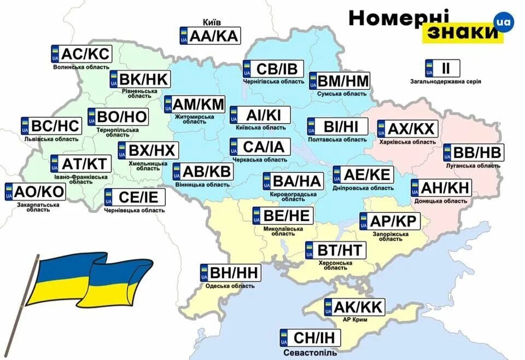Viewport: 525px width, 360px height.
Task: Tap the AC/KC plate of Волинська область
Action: pyautogui.click(x=81, y=54)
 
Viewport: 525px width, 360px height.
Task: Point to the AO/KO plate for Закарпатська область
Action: pyautogui.click(x=34, y=191)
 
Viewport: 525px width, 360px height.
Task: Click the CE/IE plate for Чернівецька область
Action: pyautogui.click(x=135, y=198)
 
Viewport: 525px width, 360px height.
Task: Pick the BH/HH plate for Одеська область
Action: pyautogui.click(x=230, y=272)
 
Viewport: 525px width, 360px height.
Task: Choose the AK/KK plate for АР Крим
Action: pyautogui.click(x=354, y=306)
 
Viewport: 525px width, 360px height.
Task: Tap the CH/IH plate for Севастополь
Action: pyautogui.click(x=310, y=338)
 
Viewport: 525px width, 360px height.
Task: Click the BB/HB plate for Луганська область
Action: pyautogui.click(x=474, y=153)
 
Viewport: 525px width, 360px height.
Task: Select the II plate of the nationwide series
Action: pyautogui.click(x=442, y=68)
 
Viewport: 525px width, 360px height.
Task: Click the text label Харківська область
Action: pyautogui.click(x=407, y=142)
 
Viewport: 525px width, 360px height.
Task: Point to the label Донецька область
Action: pyautogui.click(x=440, y=201)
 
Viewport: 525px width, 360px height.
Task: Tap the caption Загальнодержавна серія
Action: pyautogui.click(x=446, y=82)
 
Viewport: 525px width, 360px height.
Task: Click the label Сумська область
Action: pyautogui.click(x=342, y=94)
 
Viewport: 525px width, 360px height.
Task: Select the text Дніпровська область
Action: pyautogui.click(x=363, y=188)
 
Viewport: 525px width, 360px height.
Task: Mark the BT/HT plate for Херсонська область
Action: pyautogui.click(x=335, y=250)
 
